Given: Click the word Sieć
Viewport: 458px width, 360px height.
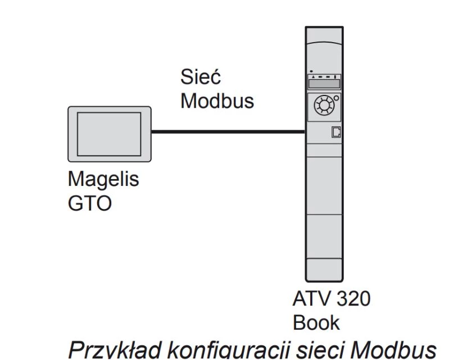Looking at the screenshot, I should (x=201, y=79).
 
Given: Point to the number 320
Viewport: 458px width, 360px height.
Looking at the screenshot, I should (x=353, y=299).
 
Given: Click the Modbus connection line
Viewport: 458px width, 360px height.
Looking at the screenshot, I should (x=228, y=133).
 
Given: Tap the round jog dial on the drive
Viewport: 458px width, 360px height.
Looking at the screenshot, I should (x=323, y=105).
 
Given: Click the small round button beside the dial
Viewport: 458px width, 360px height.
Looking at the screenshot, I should (x=336, y=98).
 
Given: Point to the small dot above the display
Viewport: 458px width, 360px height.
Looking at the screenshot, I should (x=311, y=71).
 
